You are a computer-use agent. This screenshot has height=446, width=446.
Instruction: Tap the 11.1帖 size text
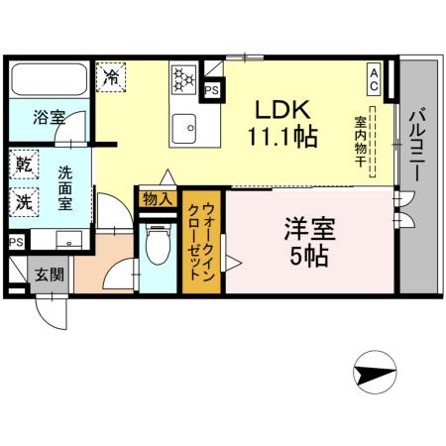tap(281, 136)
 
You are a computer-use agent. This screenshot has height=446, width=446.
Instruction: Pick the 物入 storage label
tap(157, 199)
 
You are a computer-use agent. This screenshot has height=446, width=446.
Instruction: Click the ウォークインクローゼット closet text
tap(201, 242)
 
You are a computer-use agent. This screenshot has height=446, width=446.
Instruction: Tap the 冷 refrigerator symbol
tap(112, 76)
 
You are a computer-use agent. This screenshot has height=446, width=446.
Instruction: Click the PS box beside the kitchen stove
tap(211, 89)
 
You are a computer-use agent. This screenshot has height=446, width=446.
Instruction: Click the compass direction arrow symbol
tap(372, 373)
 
